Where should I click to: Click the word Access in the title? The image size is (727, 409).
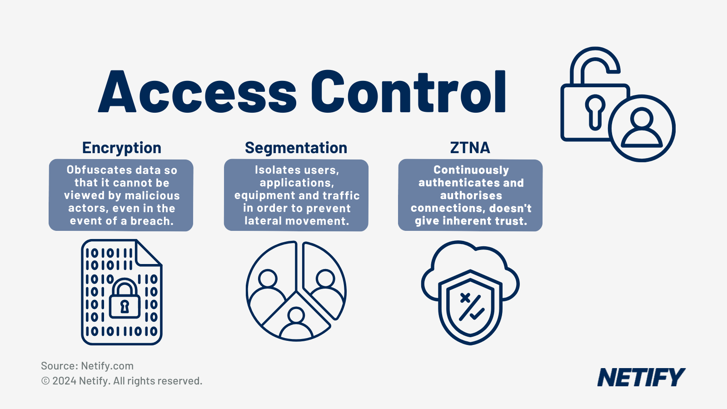tap(198, 92)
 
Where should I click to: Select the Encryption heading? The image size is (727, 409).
tap(122, 148)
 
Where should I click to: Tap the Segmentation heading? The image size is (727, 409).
tap(296, 148)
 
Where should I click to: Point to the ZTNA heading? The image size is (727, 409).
tap(470, 148)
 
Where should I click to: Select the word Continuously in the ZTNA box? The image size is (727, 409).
tap(471, 170)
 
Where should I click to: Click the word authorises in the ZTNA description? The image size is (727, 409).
tap(471, 195)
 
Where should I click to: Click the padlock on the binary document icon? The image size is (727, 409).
tap(124, 299)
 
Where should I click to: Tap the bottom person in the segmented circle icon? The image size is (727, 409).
tap(296, 324)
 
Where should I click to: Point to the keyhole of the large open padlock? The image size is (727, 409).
tap(594, 111)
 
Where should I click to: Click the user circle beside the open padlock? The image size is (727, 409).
tap(642, 128)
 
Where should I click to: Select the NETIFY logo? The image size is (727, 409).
tap(641, 378)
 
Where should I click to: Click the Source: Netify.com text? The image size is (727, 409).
tap(87, 366)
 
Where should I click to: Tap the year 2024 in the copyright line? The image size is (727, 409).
tap(64, 381)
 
